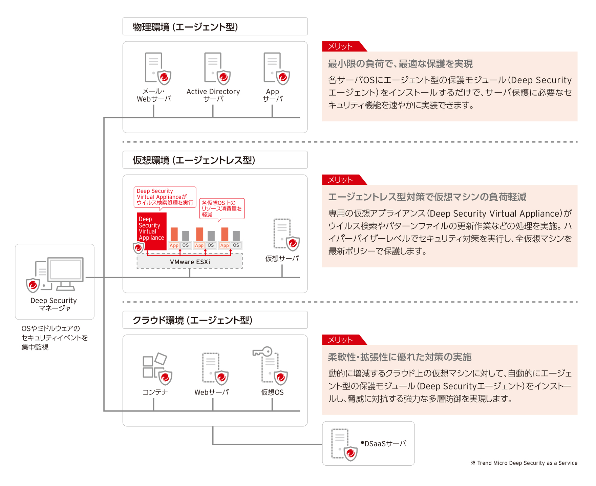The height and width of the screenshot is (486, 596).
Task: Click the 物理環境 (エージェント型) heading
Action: (x=185, y=27)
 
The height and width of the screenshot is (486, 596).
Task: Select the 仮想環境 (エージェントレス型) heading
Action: (x=194, y=160)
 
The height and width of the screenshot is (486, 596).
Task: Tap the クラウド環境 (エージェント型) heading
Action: (x=192, y=320)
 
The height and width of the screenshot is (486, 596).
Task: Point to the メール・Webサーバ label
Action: (x=154, y=95)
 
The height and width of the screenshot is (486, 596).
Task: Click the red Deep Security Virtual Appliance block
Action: (x=151, y=231)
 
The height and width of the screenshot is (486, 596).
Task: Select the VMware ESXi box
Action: (x=190, y=262)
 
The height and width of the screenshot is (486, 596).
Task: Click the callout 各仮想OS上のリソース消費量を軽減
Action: (x=221, y=208)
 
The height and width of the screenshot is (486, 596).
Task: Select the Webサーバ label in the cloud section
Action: (x=212, y=392)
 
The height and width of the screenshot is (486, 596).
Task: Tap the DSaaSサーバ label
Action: (x=383, y=444)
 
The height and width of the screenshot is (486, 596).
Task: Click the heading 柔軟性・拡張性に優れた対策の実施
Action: (x=400, y=357)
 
